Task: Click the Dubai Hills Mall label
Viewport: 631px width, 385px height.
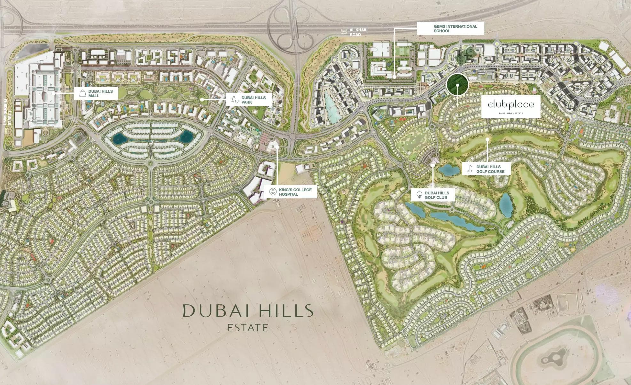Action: point(100,93)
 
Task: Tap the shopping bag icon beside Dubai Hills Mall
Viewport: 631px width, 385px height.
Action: point(82,93)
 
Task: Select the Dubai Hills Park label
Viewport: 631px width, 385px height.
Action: point(253,100)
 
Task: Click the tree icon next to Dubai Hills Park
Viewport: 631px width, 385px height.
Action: point(235,100)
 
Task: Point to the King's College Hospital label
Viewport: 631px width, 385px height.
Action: point(295,192)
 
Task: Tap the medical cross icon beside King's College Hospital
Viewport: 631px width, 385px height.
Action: point(273,192)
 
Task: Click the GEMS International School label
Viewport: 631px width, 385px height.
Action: point(455,28)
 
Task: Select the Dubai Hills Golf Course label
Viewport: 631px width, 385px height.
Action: point(490,169)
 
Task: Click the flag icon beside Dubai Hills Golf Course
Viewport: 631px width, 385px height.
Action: point(470,169)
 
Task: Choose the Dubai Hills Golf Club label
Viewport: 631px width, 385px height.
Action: point(437,195)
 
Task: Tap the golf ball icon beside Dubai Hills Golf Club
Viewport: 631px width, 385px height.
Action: point(419,194)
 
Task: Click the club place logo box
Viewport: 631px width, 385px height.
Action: point(510,106)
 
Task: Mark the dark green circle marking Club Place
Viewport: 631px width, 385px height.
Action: point(457,85)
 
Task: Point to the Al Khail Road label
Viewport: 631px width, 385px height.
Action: point(358,32)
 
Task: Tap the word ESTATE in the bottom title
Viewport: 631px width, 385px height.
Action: point(248,328)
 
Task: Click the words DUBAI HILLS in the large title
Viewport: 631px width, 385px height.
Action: point(248,310)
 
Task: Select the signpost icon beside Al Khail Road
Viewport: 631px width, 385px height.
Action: point(344,32)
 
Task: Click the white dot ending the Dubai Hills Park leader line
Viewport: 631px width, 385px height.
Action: point(202,100)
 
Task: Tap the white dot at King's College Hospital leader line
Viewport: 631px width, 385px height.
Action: point(277,147)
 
